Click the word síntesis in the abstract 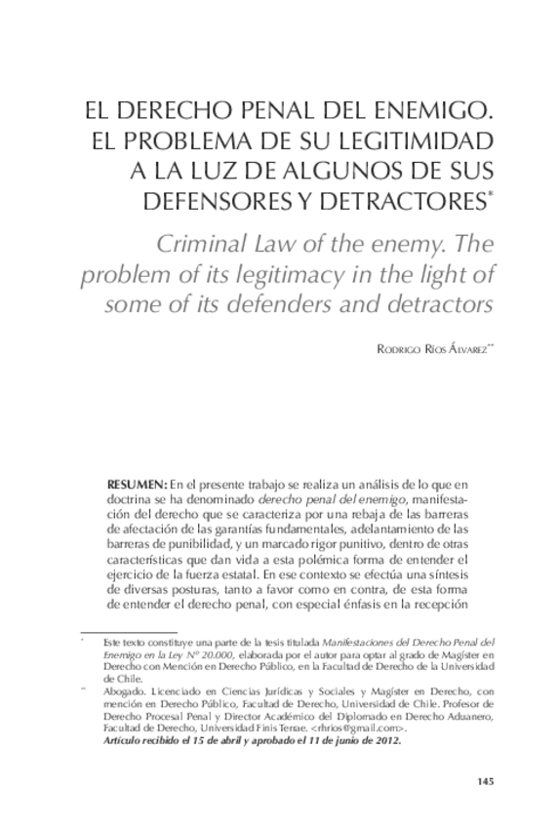point(457,575)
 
